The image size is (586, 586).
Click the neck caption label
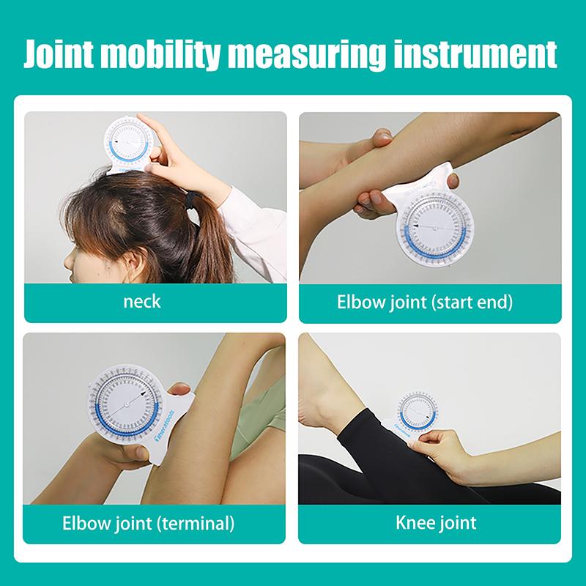coord(143,301)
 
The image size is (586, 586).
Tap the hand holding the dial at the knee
coord(440,447)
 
